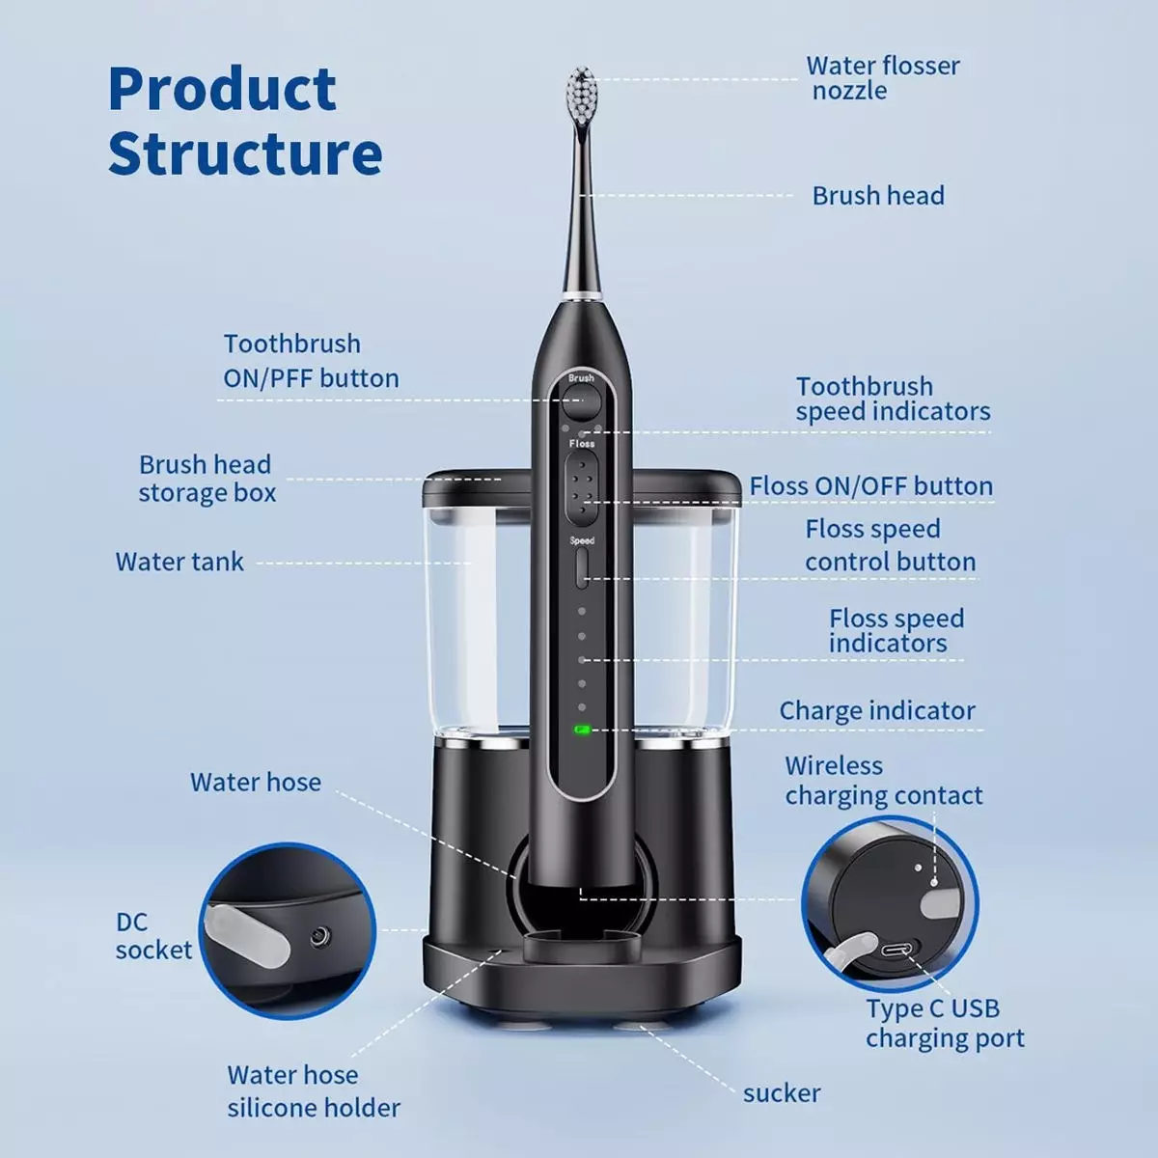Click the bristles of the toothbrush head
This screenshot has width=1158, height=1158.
click(581, 95)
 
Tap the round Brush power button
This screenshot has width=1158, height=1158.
click(581, 402)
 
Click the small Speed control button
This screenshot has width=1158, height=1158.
click(581, 568)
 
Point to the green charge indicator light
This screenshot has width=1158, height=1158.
click(582, 730)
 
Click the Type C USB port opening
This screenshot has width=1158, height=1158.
click(896, 951)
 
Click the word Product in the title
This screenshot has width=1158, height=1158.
click(222, 89)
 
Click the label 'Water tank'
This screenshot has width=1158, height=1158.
click(179, 562)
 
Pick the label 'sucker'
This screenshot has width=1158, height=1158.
click(782, 1093)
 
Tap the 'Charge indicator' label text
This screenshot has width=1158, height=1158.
click(877, 710)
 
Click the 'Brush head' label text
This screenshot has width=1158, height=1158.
click(878, 196)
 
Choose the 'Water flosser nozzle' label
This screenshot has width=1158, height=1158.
click(883, 78)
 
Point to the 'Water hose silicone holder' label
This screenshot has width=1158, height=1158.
click(314, 1091)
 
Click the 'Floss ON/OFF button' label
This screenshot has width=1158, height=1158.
click(870, 486)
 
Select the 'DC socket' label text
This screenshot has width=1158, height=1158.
click(153, 936)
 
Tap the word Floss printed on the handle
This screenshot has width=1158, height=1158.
click(582, 444)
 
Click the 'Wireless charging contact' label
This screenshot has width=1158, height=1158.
click(883, 781)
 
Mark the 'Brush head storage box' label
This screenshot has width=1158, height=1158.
click(207, 479)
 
